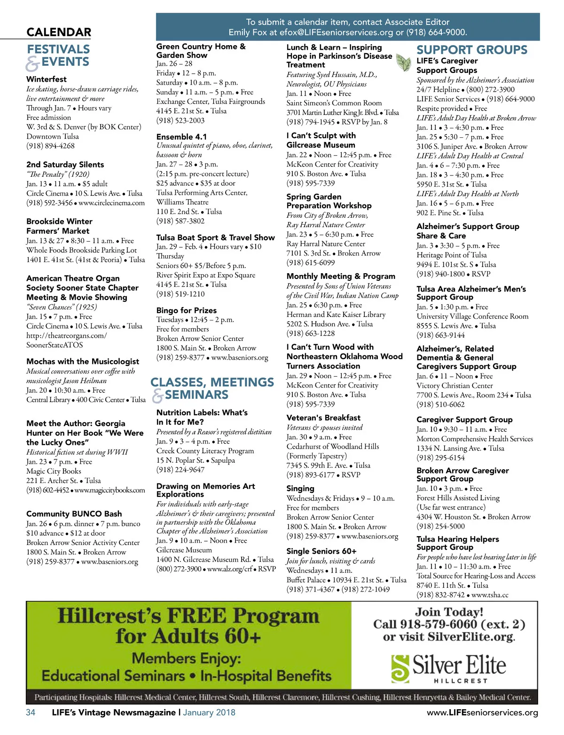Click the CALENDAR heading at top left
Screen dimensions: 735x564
(x=59, y=32)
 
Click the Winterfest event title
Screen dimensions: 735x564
(x=47, y=79)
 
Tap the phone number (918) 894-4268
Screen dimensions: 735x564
(x=50, y=146)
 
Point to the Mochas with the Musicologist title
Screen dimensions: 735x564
(x=83, y=361)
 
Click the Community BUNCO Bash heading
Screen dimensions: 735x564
(x=74, y=514)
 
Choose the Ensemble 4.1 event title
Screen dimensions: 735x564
(x=181, y=136)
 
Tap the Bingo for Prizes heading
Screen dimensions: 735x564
(x=186, y=310)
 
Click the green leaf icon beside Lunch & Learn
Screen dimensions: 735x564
(x=403, y=62)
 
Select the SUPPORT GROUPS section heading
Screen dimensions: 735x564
(x=472, y=50)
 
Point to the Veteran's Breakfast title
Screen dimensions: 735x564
(x=323, y=418)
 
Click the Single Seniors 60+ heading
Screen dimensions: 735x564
(x=321, y=551)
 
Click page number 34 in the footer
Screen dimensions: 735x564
(x=31, y=712)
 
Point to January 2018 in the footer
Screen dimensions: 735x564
(x=209, y=712)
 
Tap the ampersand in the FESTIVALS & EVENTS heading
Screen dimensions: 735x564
(x=32, y=63)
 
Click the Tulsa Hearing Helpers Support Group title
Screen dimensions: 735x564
(x=457, y=543)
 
